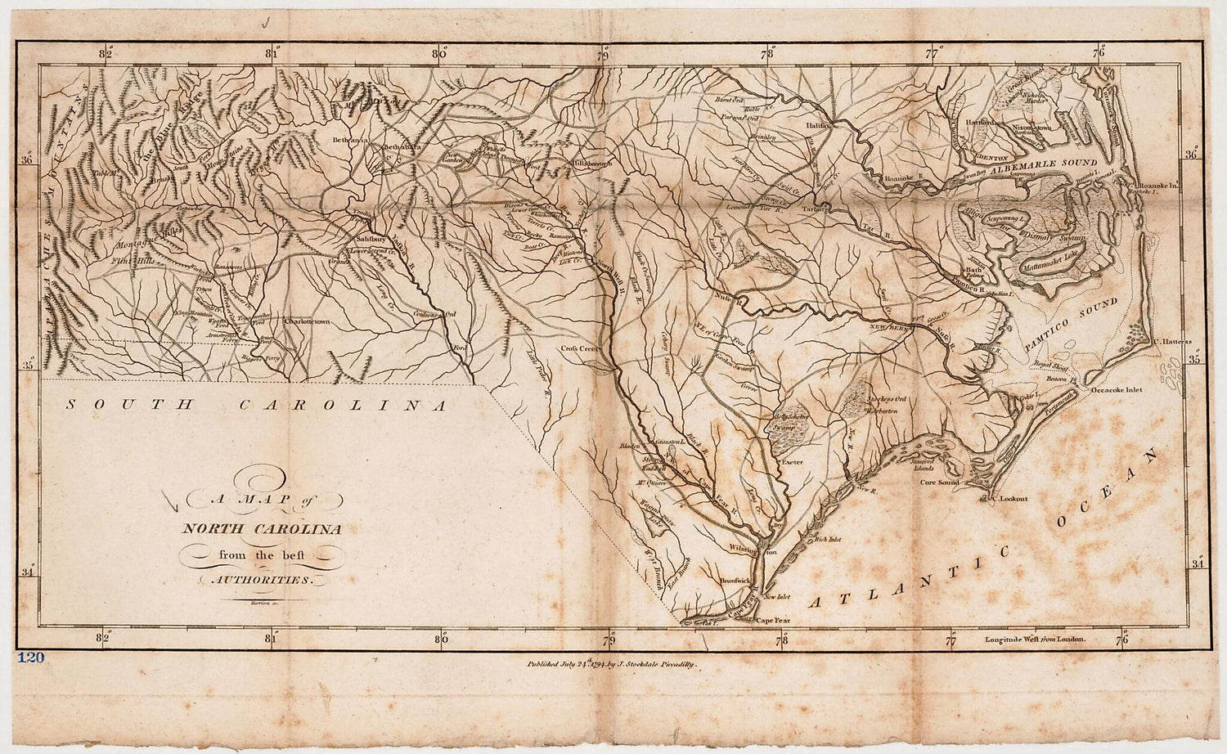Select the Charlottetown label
(x=308, y=322)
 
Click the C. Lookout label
(x=1009, y=498)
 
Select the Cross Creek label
(x=580, y=348)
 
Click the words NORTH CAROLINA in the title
(x=262, y=529)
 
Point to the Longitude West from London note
(x=1035, y=639)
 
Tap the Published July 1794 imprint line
(x=612, y=666)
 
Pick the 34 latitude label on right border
(x=1197, y=563)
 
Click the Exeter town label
(x=792, y=462)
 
